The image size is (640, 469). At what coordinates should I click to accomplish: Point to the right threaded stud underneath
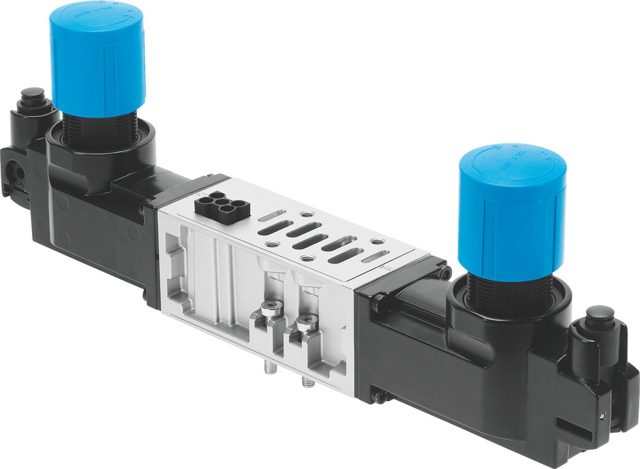click(x=305, y=382)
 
